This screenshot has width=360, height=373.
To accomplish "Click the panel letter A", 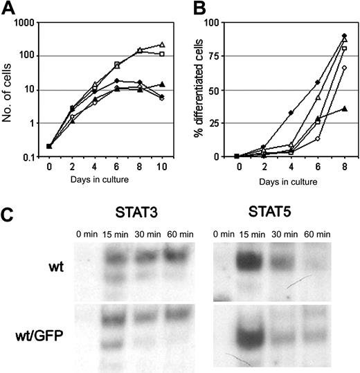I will point(8,9).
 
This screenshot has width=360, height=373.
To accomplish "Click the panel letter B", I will point(193,9).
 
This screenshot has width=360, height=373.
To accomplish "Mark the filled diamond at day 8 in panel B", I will point(344,35).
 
